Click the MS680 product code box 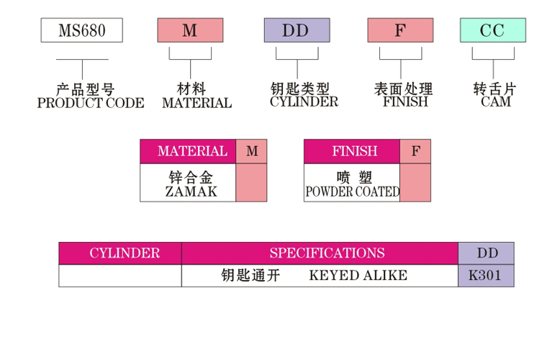click(x=81, y=30)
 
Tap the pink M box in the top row click(x=190, y=30)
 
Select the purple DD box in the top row click(x=296, y=30)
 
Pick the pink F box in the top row click(x=400, y=30)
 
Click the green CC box click(x=493, y=30)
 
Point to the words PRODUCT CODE click(x=90, y=103)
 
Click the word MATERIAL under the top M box click(x=197, y=103)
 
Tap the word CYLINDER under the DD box click(x=304, y=102)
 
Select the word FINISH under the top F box click(x=405, y=102)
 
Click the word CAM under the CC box click(x=496, y=102)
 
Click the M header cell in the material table click(x=251, y=151)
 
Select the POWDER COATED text click(x=353, y=192)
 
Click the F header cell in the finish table click(x=415, y=151)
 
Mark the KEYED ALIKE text click(x=358, y=275)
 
